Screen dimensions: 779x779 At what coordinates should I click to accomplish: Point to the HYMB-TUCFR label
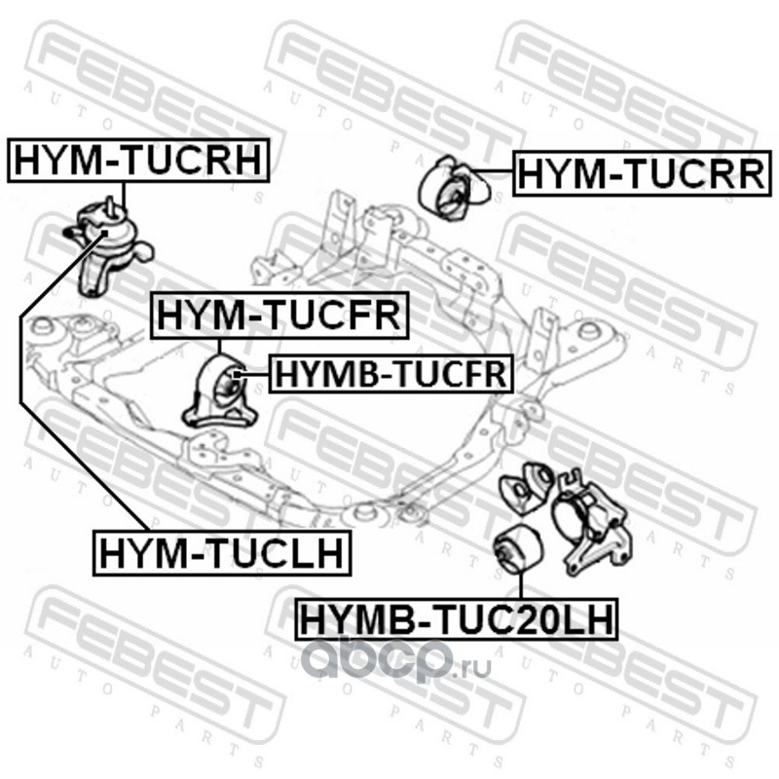point(389,372)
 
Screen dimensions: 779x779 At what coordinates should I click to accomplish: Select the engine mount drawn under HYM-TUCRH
point(105,243)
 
